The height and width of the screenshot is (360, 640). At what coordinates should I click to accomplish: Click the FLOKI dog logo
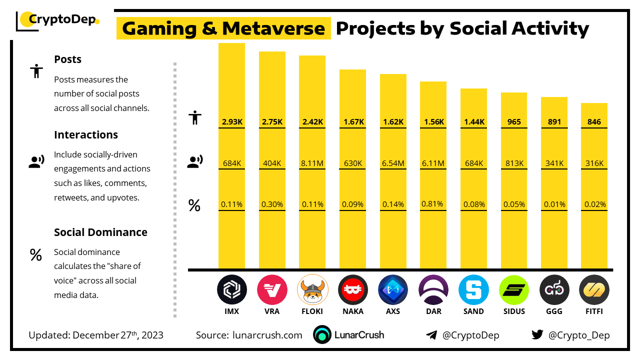click(x=312, y=289)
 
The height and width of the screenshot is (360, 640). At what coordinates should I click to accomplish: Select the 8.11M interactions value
click(x=312, y=163)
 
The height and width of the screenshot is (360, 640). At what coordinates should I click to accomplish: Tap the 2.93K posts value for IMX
click(x=231, y=122)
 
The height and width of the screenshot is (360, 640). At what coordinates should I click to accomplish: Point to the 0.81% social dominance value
click(x=433, y=204)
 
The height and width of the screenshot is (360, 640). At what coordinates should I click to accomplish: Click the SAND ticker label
click(x=473, y=311)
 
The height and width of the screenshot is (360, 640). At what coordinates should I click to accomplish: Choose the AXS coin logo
click(x=393, y=289)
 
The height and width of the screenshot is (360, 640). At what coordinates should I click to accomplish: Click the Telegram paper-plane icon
click(x=431, y=335)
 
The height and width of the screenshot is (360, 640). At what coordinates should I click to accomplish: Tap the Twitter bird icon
click(x=537, y=335)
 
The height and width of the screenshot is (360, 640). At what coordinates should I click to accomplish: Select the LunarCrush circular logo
click(x=322, y=335)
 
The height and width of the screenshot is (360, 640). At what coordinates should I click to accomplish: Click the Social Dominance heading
click(x=100, y=232)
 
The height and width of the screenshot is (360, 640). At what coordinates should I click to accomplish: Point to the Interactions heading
click(x=86, y=134)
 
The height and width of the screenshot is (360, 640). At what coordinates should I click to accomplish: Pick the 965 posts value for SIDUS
click(x=514, y=122)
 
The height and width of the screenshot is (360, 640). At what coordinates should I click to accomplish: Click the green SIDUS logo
click(x=514, y=289)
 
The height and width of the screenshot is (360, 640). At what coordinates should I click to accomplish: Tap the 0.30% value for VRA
click(x=272, y=204)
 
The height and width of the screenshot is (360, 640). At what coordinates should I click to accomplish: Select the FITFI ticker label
click(x=594, y=311)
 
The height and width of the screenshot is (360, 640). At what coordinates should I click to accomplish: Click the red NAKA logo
click(x=353, y=289)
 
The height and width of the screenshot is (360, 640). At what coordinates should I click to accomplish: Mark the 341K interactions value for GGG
click(x=554, y=163)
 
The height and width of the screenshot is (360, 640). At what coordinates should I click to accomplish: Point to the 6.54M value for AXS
click(x=393, y=163)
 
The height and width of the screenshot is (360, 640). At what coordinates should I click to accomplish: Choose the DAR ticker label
click(x=433, y=311)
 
